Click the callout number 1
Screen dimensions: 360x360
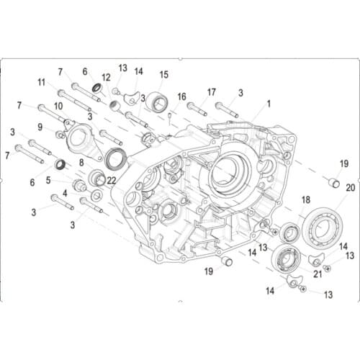tap(269, 103)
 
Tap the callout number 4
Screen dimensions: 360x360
tap(64, 192)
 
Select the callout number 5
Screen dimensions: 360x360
tap(48, 179)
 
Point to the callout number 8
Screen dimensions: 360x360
tap(81, 163)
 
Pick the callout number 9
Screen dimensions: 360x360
tap(40, 127)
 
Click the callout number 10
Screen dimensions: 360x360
tap(58, 105)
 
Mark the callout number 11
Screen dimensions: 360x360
tap(41, 81)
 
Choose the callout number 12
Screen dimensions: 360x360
tap(106, 77)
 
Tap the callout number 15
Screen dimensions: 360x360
tap(163, 74)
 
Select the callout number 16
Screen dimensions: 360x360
tap(181, 96)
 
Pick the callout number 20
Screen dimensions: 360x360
tap(350, 186)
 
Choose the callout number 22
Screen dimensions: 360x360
tap(111, 180)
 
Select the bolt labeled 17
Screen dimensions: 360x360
tap(199, 108)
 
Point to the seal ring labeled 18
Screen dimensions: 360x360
tap(289, 232)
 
